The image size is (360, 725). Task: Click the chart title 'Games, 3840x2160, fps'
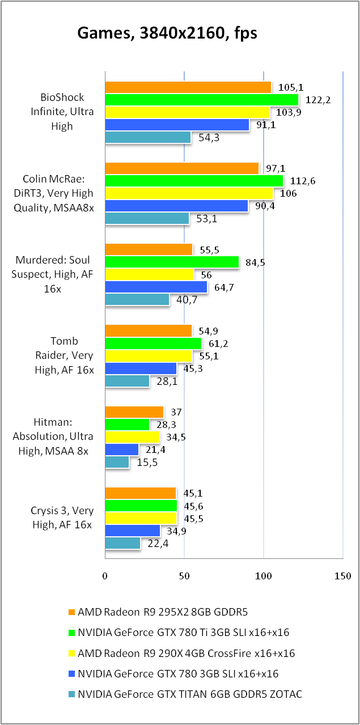167,33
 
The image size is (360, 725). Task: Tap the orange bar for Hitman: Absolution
134,412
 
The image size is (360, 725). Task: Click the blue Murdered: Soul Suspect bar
156,287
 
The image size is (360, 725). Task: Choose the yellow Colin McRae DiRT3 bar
189,194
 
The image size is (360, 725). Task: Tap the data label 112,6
301,181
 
